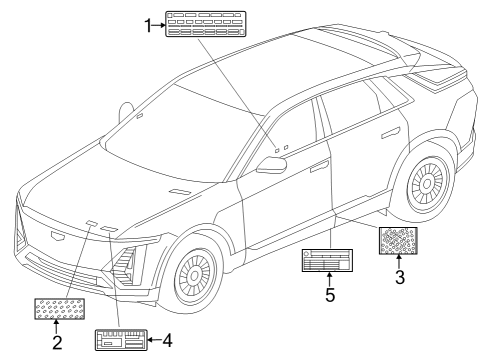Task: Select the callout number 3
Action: coord(399,278)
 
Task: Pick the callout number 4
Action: coord(167,342)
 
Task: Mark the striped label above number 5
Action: coord(325,261)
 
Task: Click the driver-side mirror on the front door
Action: coord(270,165)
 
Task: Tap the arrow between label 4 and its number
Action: coord(152,342)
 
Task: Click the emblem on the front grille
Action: coord(54,236)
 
